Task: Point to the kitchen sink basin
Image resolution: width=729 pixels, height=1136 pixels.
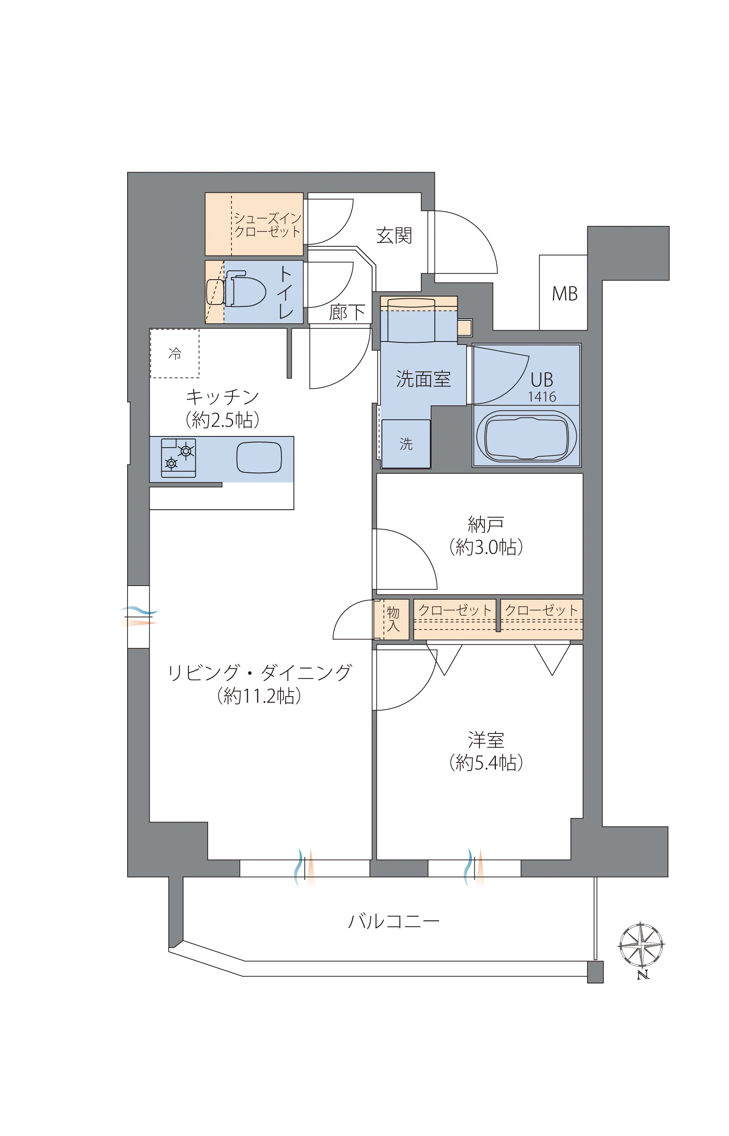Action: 259,457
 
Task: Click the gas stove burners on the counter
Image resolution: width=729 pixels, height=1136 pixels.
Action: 178,458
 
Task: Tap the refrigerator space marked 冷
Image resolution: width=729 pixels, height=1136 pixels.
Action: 175,353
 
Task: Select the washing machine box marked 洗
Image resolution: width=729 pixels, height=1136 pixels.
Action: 406,443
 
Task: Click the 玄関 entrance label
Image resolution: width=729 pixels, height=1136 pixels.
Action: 394,235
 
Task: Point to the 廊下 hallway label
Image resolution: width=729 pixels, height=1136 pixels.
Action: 347,312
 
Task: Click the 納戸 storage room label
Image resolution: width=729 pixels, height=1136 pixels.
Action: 486,524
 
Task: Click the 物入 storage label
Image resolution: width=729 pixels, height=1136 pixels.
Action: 393,619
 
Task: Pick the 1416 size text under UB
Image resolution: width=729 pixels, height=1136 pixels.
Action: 542,397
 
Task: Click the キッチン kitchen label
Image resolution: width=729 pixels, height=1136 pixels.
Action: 223,397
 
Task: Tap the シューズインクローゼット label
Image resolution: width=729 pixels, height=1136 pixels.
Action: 267,225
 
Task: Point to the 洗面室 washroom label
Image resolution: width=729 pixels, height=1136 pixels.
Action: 423,379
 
